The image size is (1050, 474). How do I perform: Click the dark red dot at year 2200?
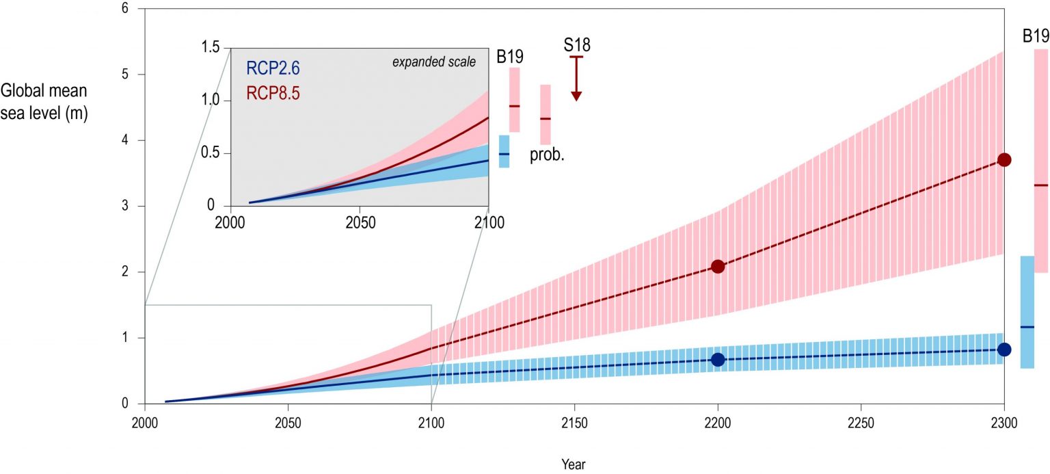(718, 266)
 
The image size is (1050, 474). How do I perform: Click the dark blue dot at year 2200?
(718, 360)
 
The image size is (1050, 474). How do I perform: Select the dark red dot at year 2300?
(1004, 159)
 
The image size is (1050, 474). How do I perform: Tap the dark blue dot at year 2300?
(1004, 350)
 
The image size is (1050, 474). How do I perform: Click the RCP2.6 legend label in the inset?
(273, 68)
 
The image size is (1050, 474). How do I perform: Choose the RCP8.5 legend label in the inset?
(273, 93)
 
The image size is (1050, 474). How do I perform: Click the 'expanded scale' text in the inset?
(433, 62)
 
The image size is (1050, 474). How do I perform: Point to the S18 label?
(576, 46)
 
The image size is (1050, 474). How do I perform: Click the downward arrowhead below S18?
(576, 96)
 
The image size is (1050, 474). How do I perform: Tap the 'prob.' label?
(547, 155)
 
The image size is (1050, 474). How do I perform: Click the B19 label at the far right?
(1036, 36)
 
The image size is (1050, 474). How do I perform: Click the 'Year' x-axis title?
(573, 464)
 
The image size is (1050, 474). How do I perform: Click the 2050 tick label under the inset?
(360, 222)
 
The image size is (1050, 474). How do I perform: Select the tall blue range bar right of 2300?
(1027, 312)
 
